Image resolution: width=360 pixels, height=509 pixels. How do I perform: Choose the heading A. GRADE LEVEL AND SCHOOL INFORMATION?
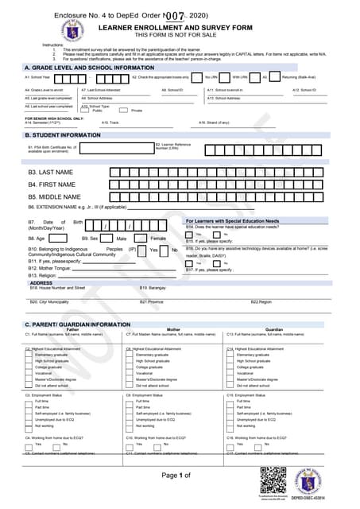pos(89,68)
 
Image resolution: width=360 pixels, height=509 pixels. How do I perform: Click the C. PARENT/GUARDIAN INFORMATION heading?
pos(77,324)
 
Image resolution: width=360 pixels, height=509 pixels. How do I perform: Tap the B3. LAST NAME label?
pos(51,172)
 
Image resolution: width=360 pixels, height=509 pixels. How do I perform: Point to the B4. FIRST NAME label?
pos(52,185)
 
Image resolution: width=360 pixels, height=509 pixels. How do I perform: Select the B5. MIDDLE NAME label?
pos(55,196)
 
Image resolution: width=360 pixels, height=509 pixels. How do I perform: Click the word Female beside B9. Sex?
pos(158,238)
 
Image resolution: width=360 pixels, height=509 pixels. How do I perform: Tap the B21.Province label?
pos(151,301)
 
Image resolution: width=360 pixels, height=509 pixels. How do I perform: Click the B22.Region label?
pos(261,301)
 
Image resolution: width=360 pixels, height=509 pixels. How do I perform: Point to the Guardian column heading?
pos(274,329)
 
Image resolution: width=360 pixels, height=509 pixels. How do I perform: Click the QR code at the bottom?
pos(272,480)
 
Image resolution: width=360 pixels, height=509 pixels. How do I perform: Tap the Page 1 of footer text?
pos(176,475)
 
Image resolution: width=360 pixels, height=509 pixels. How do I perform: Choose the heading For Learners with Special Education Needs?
pos(232,220)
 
